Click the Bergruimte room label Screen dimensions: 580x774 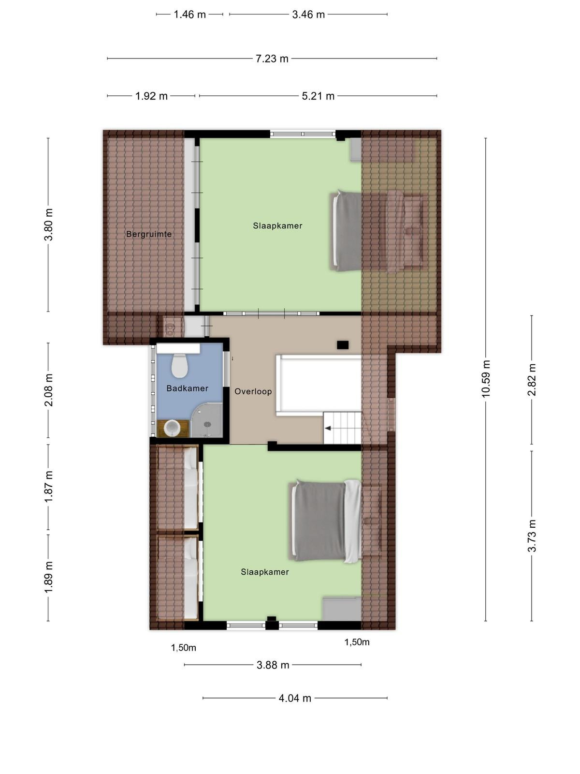point(149,234)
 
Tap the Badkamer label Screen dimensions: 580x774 point(188,388)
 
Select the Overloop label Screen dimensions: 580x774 point(253,391)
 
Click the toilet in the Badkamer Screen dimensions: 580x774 point(180,366)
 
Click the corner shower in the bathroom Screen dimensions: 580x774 point(207,421)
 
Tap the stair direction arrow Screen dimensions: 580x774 point(328,429)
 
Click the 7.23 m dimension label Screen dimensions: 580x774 point(272,59)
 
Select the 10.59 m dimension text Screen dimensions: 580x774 point(486,379)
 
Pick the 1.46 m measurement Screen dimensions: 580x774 point(190,15)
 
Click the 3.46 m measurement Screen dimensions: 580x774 point(308,15)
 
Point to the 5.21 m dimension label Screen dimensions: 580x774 point(318,96)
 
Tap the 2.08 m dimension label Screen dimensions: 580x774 point(49,390)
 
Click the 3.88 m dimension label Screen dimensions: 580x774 point(273,665)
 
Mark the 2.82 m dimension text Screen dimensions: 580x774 point(532,380)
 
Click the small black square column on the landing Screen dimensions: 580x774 point(343,345)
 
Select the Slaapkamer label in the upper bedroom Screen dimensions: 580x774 point(277,226)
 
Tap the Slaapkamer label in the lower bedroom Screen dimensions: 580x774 point(265,572)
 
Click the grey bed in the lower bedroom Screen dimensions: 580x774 point(325,521)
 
